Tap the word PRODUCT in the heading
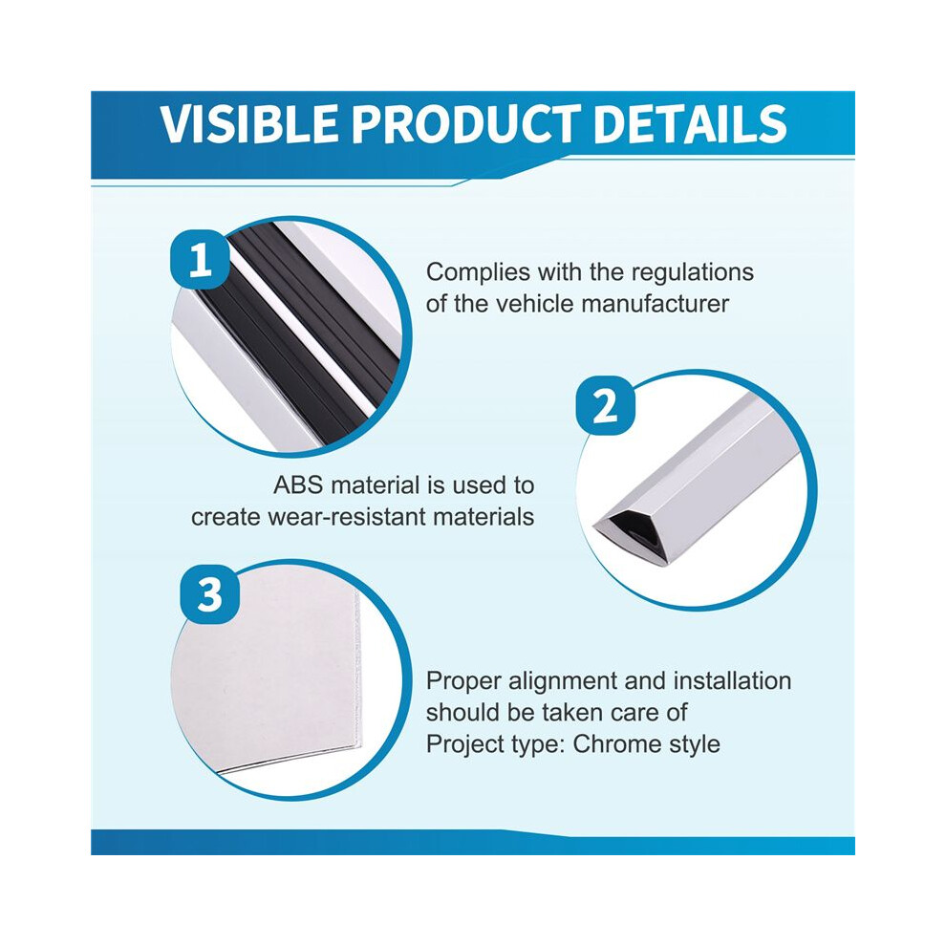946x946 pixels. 466,123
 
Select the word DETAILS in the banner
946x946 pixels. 690,123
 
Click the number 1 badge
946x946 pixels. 201,260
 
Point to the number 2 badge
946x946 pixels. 605,405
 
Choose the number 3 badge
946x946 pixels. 210,594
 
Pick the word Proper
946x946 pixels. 463,681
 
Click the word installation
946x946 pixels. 732,680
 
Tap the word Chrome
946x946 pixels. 616,743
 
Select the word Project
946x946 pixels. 466,745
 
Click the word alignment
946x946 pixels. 563,681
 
